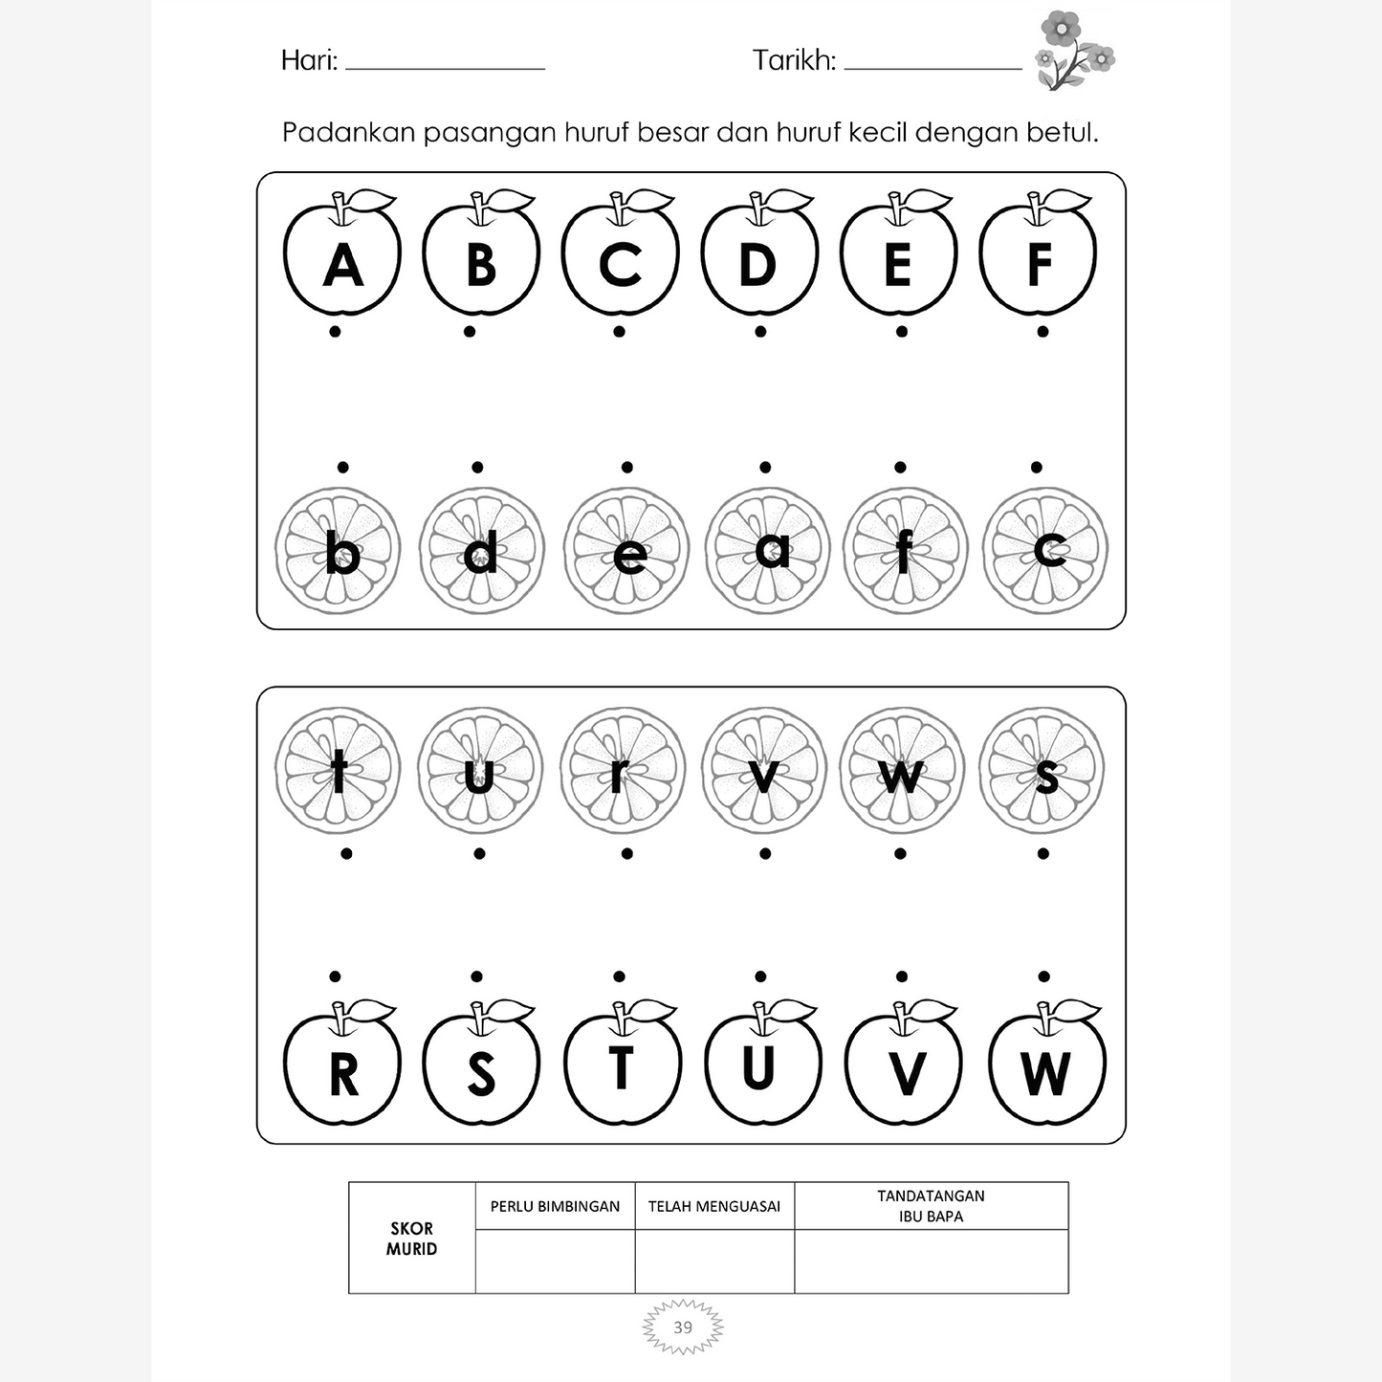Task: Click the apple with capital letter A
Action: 342,258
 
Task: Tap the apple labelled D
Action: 758,258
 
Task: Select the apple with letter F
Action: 1039,258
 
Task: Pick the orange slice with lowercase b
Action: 339,551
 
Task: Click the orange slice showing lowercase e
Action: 626,551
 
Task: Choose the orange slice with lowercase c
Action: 1044,551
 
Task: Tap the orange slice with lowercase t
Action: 339,770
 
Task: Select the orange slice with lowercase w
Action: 902,770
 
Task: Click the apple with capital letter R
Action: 342,1068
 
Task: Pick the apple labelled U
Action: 762,1068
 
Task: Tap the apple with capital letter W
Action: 1046,1068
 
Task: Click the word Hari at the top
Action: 308,61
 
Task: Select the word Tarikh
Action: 793,61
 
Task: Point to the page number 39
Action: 683,1327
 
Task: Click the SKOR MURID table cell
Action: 412,1239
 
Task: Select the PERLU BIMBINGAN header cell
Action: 555,1207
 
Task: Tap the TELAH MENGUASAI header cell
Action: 714,1207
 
